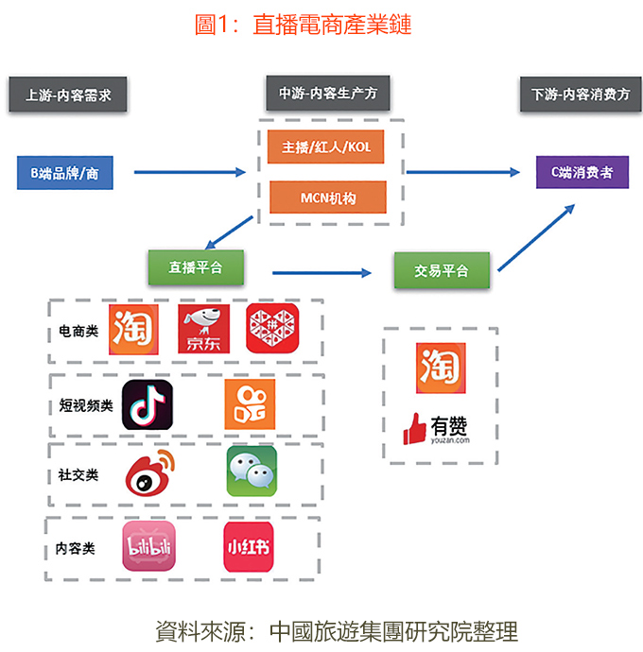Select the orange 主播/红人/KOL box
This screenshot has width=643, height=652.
click(326, 148)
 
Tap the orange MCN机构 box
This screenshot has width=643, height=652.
click(326, 197)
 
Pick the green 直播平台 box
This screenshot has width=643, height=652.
click(196, 267)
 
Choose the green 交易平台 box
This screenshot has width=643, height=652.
click(442, 271)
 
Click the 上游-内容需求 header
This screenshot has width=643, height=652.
click(68, 95)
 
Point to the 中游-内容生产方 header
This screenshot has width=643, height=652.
click(327, 94)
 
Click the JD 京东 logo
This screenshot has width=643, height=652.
click(204, 330)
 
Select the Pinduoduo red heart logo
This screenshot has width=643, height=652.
click(272, 330)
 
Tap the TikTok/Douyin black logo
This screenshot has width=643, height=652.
click(147, 406)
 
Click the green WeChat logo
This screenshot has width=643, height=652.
click(252, 472)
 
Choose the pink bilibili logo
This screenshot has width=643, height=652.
click(149, 546)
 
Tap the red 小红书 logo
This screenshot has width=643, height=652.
click(248, 546)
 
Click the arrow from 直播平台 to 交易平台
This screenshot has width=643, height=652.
click(322, 272)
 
